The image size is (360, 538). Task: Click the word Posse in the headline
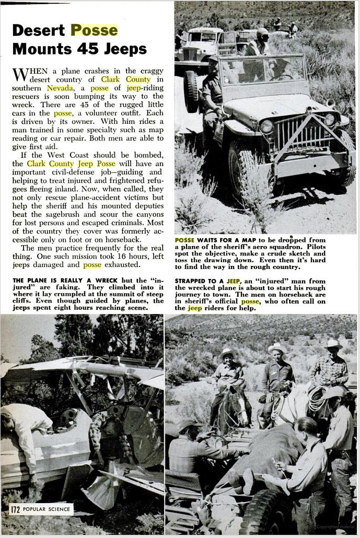94,30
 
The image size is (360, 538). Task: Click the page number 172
15,508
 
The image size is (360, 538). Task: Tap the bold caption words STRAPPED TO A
199,280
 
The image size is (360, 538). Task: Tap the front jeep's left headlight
267,126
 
